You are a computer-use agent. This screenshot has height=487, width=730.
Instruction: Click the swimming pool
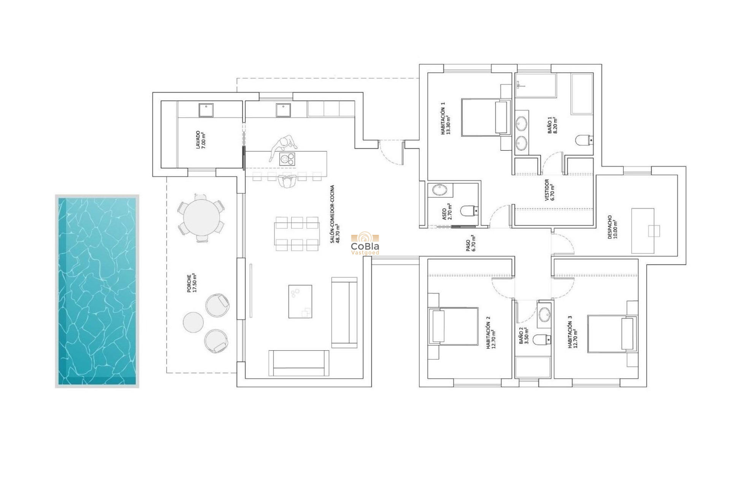click(97, 291)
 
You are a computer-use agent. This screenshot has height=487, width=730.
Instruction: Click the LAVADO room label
click(200, 140)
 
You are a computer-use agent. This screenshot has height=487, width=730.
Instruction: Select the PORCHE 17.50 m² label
click(192, 283)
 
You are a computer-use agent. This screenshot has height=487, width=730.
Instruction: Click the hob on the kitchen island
click(287, 159)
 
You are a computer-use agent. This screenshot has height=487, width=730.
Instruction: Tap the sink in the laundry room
click(206, 110)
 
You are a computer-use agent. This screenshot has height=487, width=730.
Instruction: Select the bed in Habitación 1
click(485, 117)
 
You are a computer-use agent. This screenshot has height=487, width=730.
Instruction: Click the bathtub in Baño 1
click(582, 94)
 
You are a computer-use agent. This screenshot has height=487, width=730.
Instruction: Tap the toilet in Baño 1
click(584, 140)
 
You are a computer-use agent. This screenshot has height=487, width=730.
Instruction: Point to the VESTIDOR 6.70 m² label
click(550, 190)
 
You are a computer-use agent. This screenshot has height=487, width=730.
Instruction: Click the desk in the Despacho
click(643, 231)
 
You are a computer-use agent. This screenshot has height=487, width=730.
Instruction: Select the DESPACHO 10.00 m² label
click(613, 227)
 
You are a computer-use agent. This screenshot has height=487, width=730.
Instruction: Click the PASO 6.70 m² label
click(471, 243)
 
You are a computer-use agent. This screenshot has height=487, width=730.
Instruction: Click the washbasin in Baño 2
click(544, 315)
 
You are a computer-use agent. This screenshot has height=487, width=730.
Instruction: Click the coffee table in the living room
click(300, 301)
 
